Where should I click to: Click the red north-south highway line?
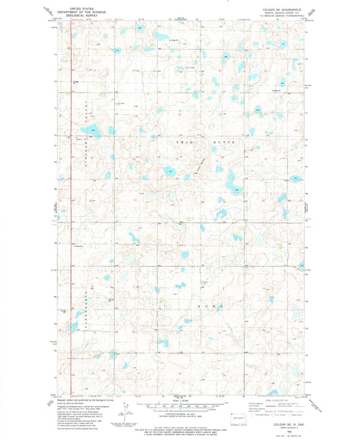point(72,203)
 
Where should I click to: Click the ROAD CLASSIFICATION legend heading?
point(269,399)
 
